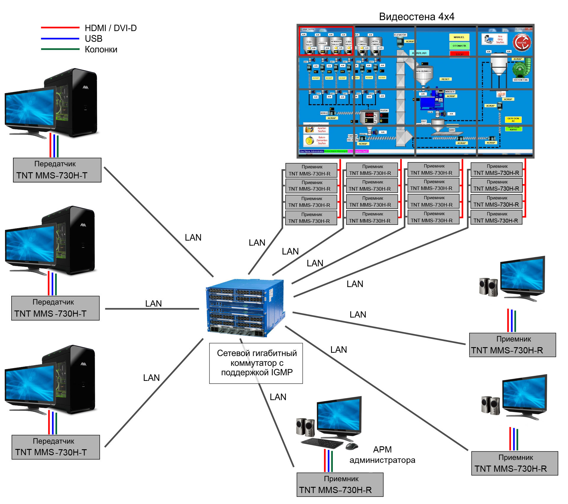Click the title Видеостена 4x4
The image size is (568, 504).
pyautogui.click(x=417, y=17)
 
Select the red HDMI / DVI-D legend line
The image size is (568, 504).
pyautogui.click(x=60, y=28)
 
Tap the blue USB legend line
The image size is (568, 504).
pyautogui.click(x=60, y=38)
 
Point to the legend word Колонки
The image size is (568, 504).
pyautogui.click(x=101, y=49)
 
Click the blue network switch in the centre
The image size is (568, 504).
pyautogui.click(x=246, y=308)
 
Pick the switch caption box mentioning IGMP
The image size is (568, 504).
pyautogui.click(x=256, y=363)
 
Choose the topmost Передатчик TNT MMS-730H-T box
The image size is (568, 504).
pyautogui.click(x=57, y=170)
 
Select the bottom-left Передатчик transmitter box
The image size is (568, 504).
pyautogui.click(x=56, y=447)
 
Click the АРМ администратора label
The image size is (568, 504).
pyautogui.click(x=382, y=455)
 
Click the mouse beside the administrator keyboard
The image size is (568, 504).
pyautogui.click(x=352, y=446)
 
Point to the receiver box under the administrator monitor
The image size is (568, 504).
pyautogui.click(x=340, y=484)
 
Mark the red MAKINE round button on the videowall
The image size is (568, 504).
pyautogui.click(x=522, y=43)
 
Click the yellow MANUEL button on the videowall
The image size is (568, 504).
pyautogui.click(x=459, y=37)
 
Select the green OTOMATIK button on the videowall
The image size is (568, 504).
pyautogui.click(x=459, y=46)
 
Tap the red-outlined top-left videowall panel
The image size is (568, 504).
pyautogui.click(x=326, y=41)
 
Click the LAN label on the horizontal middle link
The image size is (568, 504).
pyautogui.click(x=153, y=304)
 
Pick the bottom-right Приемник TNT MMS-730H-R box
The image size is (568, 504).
pyautogui.click(x=514, y=463)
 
